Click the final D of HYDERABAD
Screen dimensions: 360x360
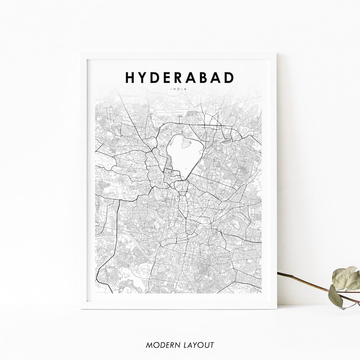tap(229, 77)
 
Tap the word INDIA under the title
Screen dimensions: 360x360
tap(179, 89)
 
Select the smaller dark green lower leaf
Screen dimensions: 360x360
tap(335, 296)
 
